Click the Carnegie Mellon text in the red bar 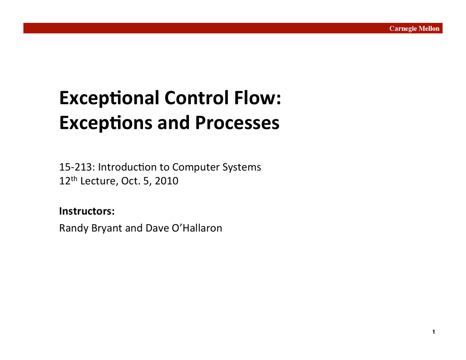[414, 28]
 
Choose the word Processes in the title [237, 123]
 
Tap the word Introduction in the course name [127, 167]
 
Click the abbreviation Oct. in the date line [131, 181]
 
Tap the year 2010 [166, 181]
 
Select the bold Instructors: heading [87, 211]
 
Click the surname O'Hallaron [197, 228]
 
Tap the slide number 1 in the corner [434, 332]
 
